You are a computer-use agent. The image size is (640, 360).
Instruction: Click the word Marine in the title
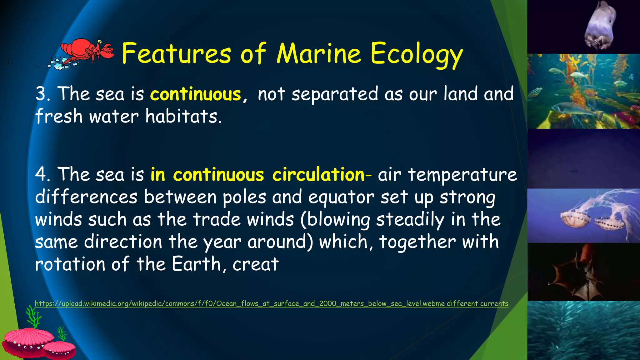[319, 54]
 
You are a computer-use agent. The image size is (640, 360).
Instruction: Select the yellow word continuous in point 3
[196, 94]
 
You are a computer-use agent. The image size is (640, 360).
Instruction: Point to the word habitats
[183, 117]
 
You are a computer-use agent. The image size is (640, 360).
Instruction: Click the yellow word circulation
[318, 174]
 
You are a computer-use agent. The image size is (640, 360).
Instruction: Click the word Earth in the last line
[196, 264]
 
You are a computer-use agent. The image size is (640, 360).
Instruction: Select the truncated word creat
[255, 264]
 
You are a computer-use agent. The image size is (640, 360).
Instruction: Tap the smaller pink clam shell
[59, 350]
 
